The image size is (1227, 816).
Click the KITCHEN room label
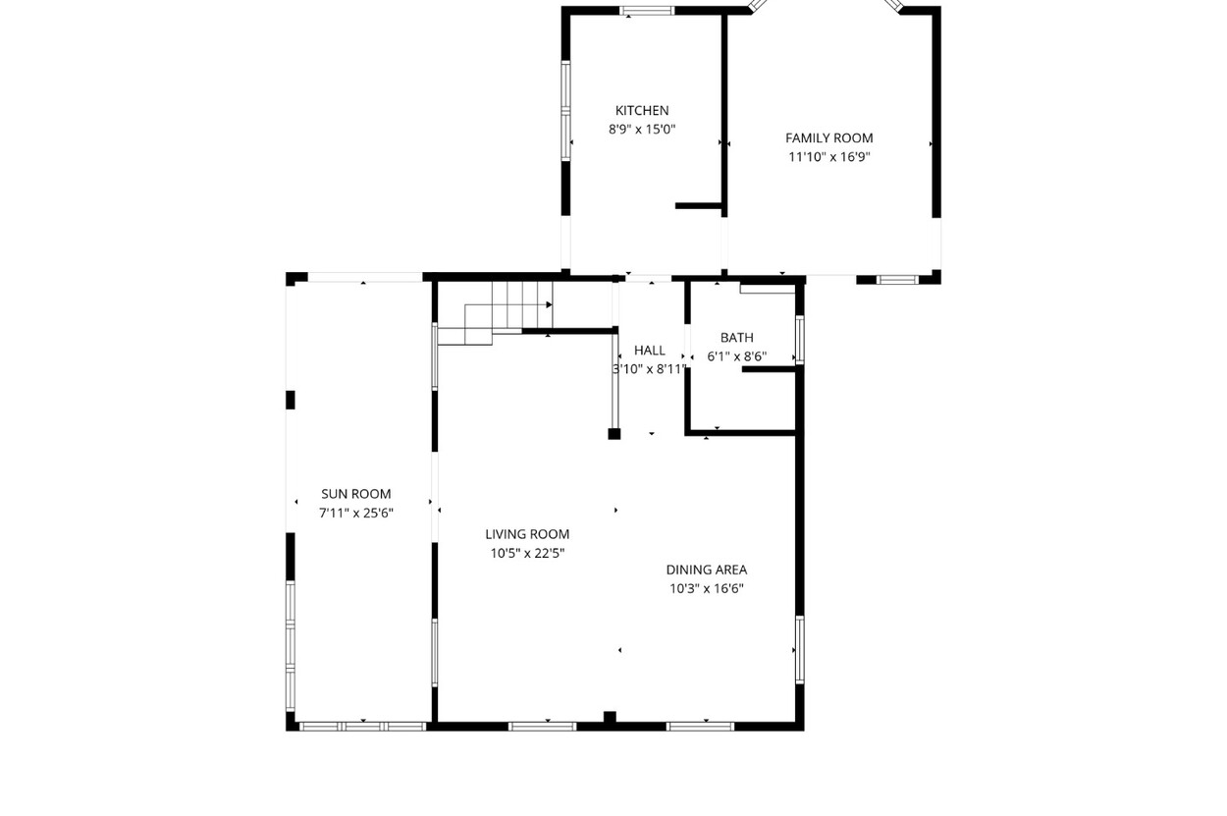click(642, 111)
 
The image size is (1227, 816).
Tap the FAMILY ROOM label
click(828, 138)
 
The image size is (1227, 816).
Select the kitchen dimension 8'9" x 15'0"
click(642, 130)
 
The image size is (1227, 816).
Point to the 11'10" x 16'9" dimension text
click(829, 157)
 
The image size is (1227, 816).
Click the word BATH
click(737, 338)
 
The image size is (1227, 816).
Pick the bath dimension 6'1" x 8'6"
click(737, 356)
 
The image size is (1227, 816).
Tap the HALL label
click(650, 351)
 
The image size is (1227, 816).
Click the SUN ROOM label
click(356, 494)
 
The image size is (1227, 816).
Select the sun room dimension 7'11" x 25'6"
click(356, 514)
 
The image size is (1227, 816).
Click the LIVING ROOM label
click(527, 534)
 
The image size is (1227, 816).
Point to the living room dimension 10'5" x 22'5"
click(527, 554)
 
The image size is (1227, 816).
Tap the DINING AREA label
click(707, 570)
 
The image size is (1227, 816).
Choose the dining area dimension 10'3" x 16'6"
click(707, 589)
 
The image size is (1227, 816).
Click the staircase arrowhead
click(550, 304)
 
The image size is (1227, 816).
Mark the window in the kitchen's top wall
click(647, 11)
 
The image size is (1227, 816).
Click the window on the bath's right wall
click(800, 340)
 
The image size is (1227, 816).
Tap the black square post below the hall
click(614, 434)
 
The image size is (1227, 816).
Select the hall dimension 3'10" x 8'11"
click(650, 369)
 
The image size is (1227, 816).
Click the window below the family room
click(897, 280)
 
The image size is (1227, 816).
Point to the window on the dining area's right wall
click(800, 649)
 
